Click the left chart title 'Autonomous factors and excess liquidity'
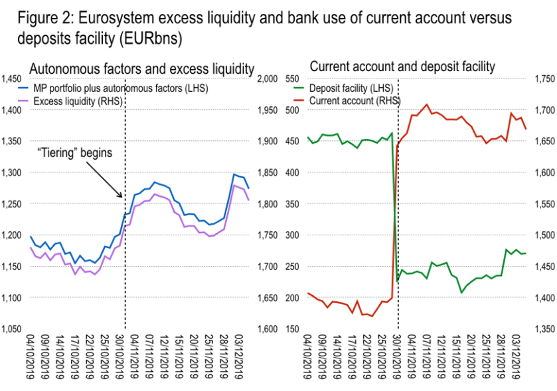(142, 68)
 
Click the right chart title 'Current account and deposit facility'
(402, 66)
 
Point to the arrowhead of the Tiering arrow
(122, 197)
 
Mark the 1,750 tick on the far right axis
(544, 79)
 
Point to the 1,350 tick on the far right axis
(544, 329)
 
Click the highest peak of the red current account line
(427, 104)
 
